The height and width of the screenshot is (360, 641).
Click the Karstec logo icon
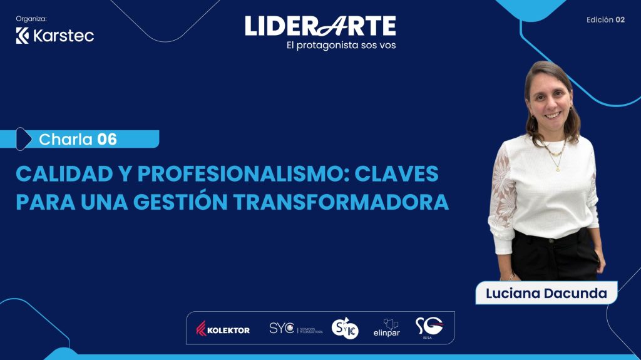pyautogui.click(x=23, y=36)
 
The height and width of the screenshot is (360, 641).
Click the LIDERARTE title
pyautogui.click(x=320, y=26)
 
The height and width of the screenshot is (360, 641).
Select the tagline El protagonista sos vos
pyautogui.click(x=339, y=45)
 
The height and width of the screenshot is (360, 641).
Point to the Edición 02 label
pyautogui.click(x=605, y=19)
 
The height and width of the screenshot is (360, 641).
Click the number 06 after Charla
pyautogui.click(x=107, y=139)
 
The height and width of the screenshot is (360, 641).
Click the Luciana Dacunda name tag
pyautogui.click(x=546, y=293)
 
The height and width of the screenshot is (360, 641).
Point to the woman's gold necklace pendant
pyautogui.click(x=555, y=167)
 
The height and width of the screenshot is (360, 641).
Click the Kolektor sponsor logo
pyautogui.click(x=223, y=329)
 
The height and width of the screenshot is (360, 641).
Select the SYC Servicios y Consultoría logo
pyautogui.click(x=295, y=329)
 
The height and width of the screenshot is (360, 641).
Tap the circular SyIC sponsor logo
pyautogui.click(x=344, y=328)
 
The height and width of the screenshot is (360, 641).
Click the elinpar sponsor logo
pyautogui.click(x=386, y=327)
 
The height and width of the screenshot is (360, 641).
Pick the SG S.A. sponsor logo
pyautogui.click(x=429, y=327)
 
